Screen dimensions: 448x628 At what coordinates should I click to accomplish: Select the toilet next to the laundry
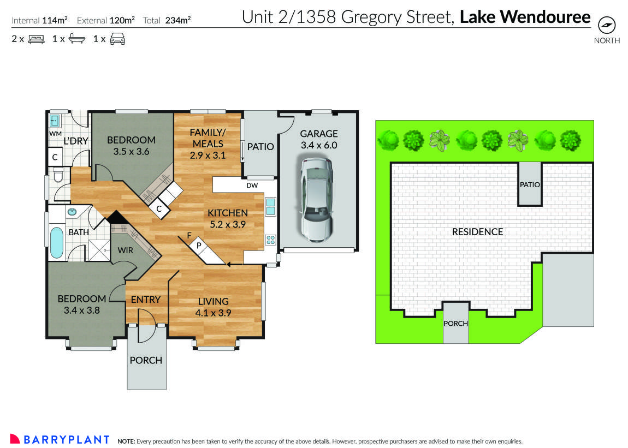pyautogui.click(x=58, y=176)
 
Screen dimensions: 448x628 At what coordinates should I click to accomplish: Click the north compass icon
pyautogui.click(x=607, y=26)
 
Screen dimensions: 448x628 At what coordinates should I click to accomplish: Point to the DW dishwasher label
pyautogui.click(x=252, y=186)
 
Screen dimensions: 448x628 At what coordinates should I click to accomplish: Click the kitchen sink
pyautogui.click(x=271, y=207)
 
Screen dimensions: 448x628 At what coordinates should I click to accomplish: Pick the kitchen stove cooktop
pyautogui.click(x=271, y=240)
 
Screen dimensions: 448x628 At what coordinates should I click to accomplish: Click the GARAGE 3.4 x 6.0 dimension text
pyautogui.click(x=319, y=145)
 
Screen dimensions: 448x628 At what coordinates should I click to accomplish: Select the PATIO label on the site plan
pyautogui.click(x=529, y=184)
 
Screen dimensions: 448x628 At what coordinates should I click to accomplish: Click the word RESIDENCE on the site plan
pyautogui.click(x=477, y=232)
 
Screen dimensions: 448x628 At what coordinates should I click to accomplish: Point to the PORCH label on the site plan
pyautogui.click(x=455, y=323)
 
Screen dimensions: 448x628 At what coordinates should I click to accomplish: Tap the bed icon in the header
pyautogui.click(x=36, y=39)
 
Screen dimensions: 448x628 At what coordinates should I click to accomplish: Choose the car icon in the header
pyautogui.click(x=117, y=39)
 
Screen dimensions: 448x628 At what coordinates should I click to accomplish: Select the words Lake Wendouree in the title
pyautogui.click(x=525, y=17)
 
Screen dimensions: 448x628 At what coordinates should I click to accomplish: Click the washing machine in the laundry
pyautogui.click(x=55, y=121)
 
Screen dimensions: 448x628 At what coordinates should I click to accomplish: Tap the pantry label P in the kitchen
pyautogui.click(x=199, y=246)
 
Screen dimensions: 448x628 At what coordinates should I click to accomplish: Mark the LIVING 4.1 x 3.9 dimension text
pyautogui.click(x=213, y=313)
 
